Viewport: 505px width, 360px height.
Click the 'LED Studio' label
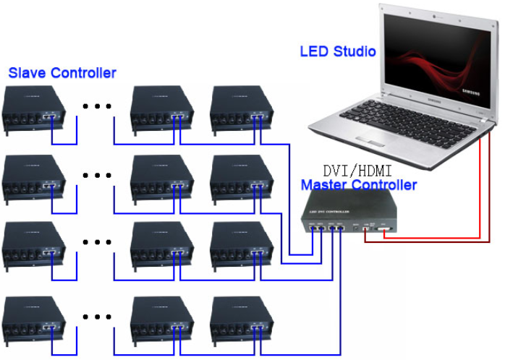click(x=338, y=51)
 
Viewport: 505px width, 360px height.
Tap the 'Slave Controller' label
click(x=62, y=73)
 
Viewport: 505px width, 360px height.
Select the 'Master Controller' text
click(x=359, y=185)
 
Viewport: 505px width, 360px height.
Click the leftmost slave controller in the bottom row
click(x=33, y=321)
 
